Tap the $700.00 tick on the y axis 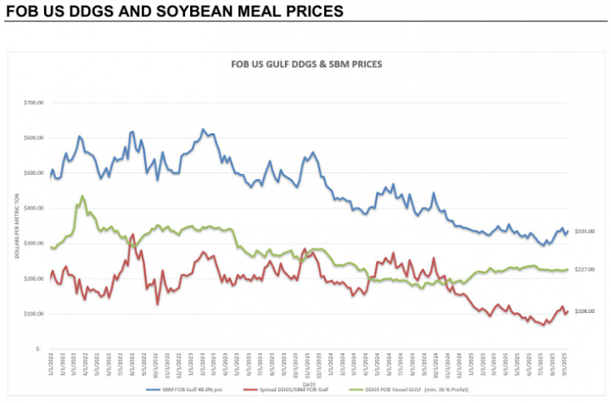pos(33,103)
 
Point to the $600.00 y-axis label pos(33,137)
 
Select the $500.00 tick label pos(33,173)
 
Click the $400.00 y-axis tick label pos(33,208)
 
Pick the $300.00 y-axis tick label pos(33,243)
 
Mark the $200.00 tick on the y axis pos(33,278)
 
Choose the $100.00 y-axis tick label pos(33,314)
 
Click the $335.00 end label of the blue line pos(585,232)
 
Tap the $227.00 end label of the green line pos(585,270)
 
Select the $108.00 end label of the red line pos(585,311)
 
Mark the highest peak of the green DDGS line pos(82,196)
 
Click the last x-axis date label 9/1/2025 pos(565,361)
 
